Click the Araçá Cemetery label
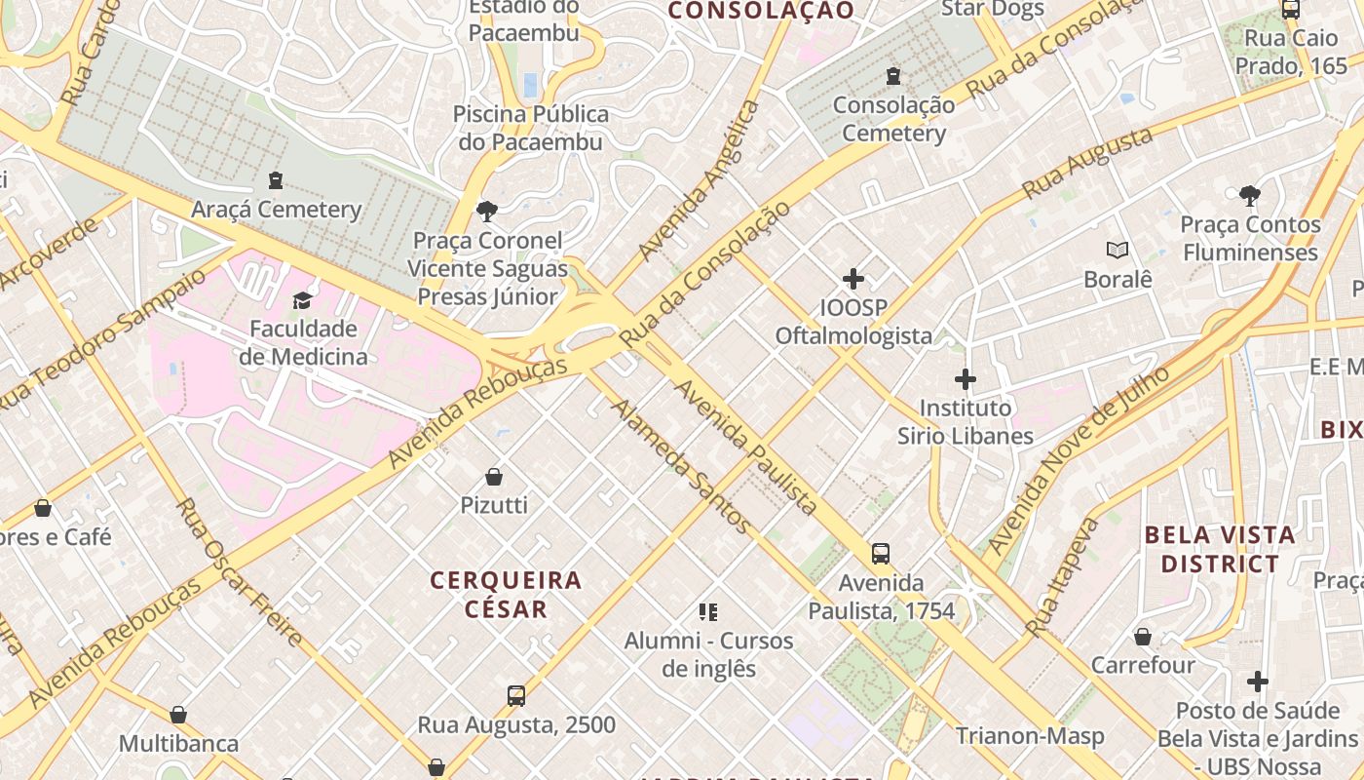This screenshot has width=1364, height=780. (276, 210)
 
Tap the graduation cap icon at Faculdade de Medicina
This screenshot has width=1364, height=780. (302, 300)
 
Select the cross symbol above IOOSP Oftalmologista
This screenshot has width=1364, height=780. (853, 280)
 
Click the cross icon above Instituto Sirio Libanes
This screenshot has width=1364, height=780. (966, 379)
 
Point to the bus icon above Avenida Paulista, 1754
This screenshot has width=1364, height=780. (881, 554)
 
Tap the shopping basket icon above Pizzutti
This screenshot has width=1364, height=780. (494, 477)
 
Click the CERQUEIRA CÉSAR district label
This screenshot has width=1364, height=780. (506, 595)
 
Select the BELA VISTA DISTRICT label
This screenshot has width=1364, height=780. (1219, 549)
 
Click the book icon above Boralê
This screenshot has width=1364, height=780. (1118, 251)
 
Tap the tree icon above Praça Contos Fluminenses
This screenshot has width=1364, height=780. (1249, 196)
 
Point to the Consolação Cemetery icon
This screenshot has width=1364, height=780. (892, 76)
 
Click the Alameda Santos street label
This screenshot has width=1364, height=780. (681, 466)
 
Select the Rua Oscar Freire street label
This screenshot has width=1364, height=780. (240, 572)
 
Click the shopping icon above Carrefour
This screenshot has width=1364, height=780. (1142, 637)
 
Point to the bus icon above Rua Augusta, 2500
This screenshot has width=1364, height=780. (516, 696)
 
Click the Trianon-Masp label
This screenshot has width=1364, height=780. (1029, 735)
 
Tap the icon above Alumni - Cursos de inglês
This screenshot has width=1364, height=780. (708, 612)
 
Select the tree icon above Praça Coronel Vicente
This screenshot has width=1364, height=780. (486, 211)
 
